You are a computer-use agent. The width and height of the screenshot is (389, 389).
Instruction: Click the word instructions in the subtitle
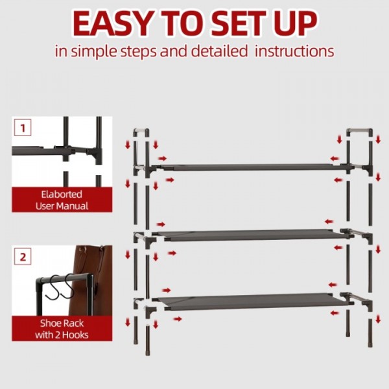click(295, 51)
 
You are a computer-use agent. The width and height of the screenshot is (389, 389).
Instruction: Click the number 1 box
click(23, 127)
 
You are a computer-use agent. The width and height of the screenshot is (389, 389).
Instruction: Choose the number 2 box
click(23, 256)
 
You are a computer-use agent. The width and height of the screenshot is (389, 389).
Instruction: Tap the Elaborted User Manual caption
click(62, 200)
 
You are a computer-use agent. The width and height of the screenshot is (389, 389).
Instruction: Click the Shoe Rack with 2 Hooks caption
click(62, 329)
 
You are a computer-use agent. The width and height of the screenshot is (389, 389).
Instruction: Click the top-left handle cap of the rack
click(141, 132)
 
